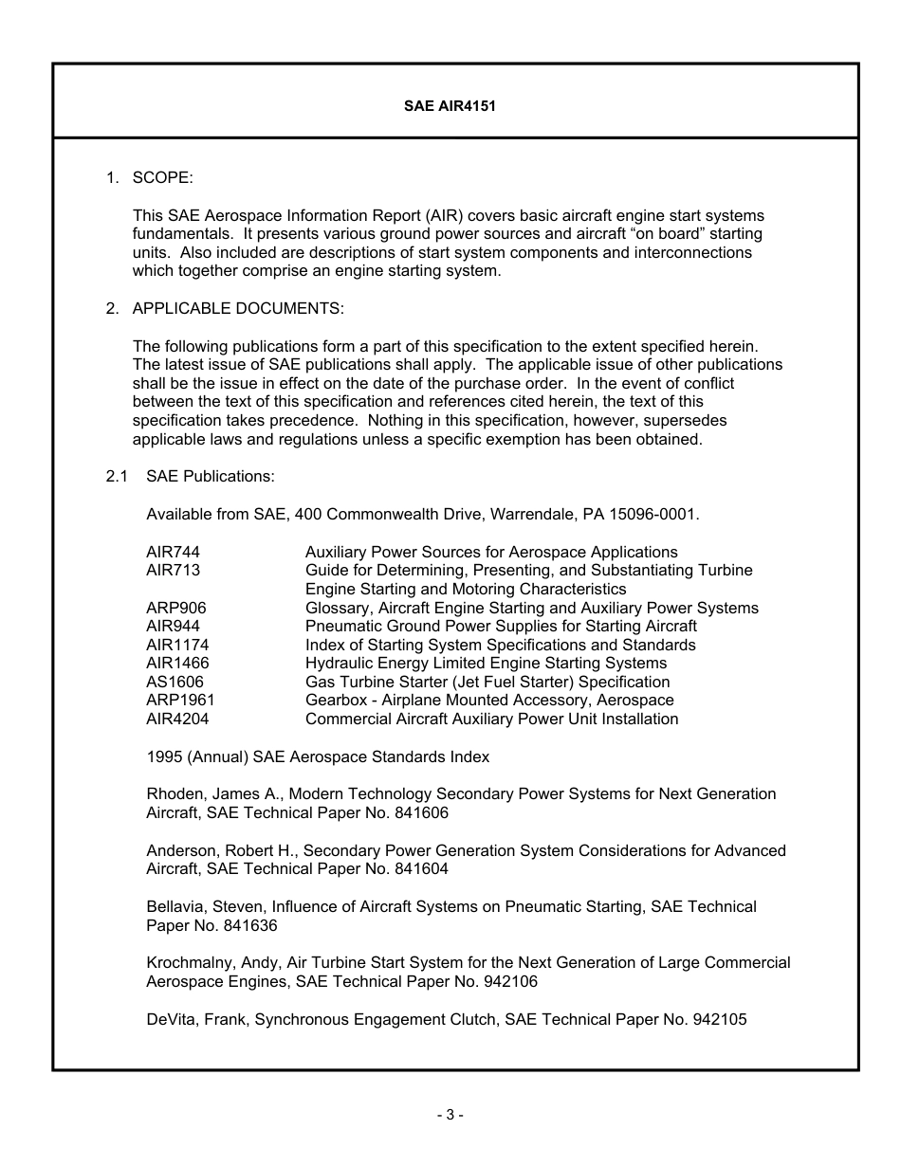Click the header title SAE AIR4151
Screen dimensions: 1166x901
pyautogui.click(x=450, y=106)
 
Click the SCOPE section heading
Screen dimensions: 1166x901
pyautogui.click(x=162, y=177)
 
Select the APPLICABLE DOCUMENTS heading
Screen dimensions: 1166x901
pyautogui.click(x=238, y=308)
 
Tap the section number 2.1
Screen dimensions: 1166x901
pyautogui.click(x=117, y=477)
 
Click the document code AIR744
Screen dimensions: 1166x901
pyautogui.click(x=173, y=552)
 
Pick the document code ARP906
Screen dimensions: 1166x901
pyautogui.click(x=175, y=608)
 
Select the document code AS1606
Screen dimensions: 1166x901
pyautogui.click(x=175, y=682)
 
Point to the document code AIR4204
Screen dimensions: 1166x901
pyautogui.click(x=177, y=719)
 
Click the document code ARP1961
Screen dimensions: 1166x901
pyautogui.click(x=180, y=700)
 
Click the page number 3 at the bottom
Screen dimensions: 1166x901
pyautogui.click(x=450, y=1116)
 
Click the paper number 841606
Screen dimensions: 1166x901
pyautogui.click(x=422, y=812)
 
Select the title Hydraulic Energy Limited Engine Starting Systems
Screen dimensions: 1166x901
pyautogui.click(x=486, y=663)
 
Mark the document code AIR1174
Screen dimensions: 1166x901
pyautogui.click(x=177, y=645)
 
